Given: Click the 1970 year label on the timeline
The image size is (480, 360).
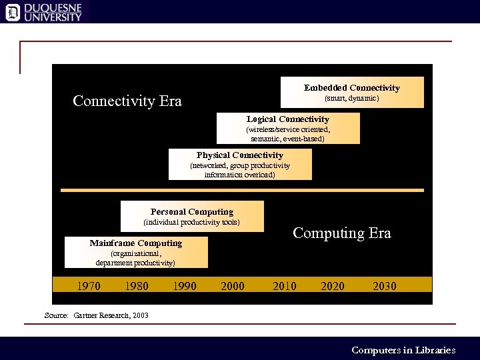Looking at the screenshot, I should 89,286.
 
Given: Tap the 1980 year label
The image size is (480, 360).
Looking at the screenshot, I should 137,286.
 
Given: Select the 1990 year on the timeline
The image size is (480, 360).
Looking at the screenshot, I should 185,286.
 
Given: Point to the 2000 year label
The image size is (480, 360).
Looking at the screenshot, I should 232,286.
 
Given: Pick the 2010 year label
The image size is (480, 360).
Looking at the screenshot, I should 285,286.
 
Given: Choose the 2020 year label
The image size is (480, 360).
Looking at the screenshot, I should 333,286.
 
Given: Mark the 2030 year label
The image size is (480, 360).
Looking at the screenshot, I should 385,286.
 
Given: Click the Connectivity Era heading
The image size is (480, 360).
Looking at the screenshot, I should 127,101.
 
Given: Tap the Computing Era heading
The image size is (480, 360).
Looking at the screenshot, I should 342,233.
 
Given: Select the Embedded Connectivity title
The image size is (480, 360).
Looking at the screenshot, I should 352,88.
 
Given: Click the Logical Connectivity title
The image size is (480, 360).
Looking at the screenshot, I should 288,119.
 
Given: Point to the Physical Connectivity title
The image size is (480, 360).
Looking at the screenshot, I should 240,155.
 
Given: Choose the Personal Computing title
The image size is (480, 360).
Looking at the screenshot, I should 192,212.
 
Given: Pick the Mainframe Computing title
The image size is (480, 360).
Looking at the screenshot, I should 136,243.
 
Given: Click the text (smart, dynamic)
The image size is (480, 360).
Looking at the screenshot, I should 352,99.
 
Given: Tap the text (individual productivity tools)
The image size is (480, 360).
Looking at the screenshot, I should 192,222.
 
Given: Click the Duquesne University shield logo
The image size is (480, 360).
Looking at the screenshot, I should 13,12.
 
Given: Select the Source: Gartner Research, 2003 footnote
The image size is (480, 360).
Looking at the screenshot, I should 96,315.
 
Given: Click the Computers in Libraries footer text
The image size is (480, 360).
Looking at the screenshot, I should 403,350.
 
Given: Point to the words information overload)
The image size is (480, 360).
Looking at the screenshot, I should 239,175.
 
